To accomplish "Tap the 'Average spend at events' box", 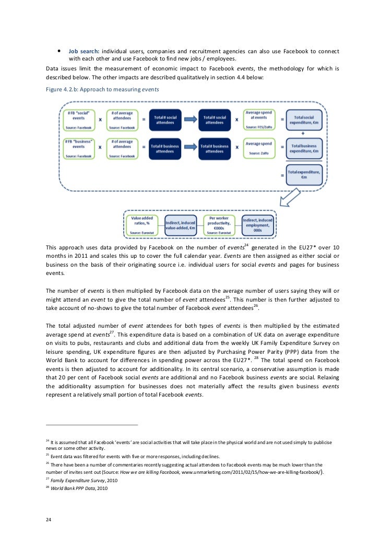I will click(260, 119).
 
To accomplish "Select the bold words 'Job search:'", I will click(84, 51).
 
